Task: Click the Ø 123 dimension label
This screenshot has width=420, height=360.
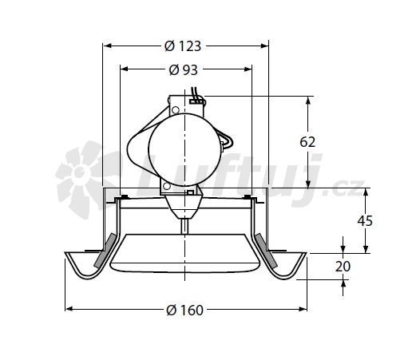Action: click(x=183, y=46)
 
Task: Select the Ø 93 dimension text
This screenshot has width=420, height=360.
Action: click(x=184, y=70)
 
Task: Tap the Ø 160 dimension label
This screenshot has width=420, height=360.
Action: click(x=184, y=310)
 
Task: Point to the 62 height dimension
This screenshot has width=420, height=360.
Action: click(x=307, y=142)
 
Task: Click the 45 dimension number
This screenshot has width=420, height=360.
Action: click(x=365, y=221)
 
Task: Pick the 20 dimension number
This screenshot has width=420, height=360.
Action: click(x=343, y=267)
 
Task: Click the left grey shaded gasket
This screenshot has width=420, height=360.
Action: click(x=105, y=250)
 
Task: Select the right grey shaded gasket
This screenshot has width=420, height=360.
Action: click(x=266, y=250)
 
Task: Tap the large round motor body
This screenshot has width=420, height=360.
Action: click(x=184, y=150)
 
